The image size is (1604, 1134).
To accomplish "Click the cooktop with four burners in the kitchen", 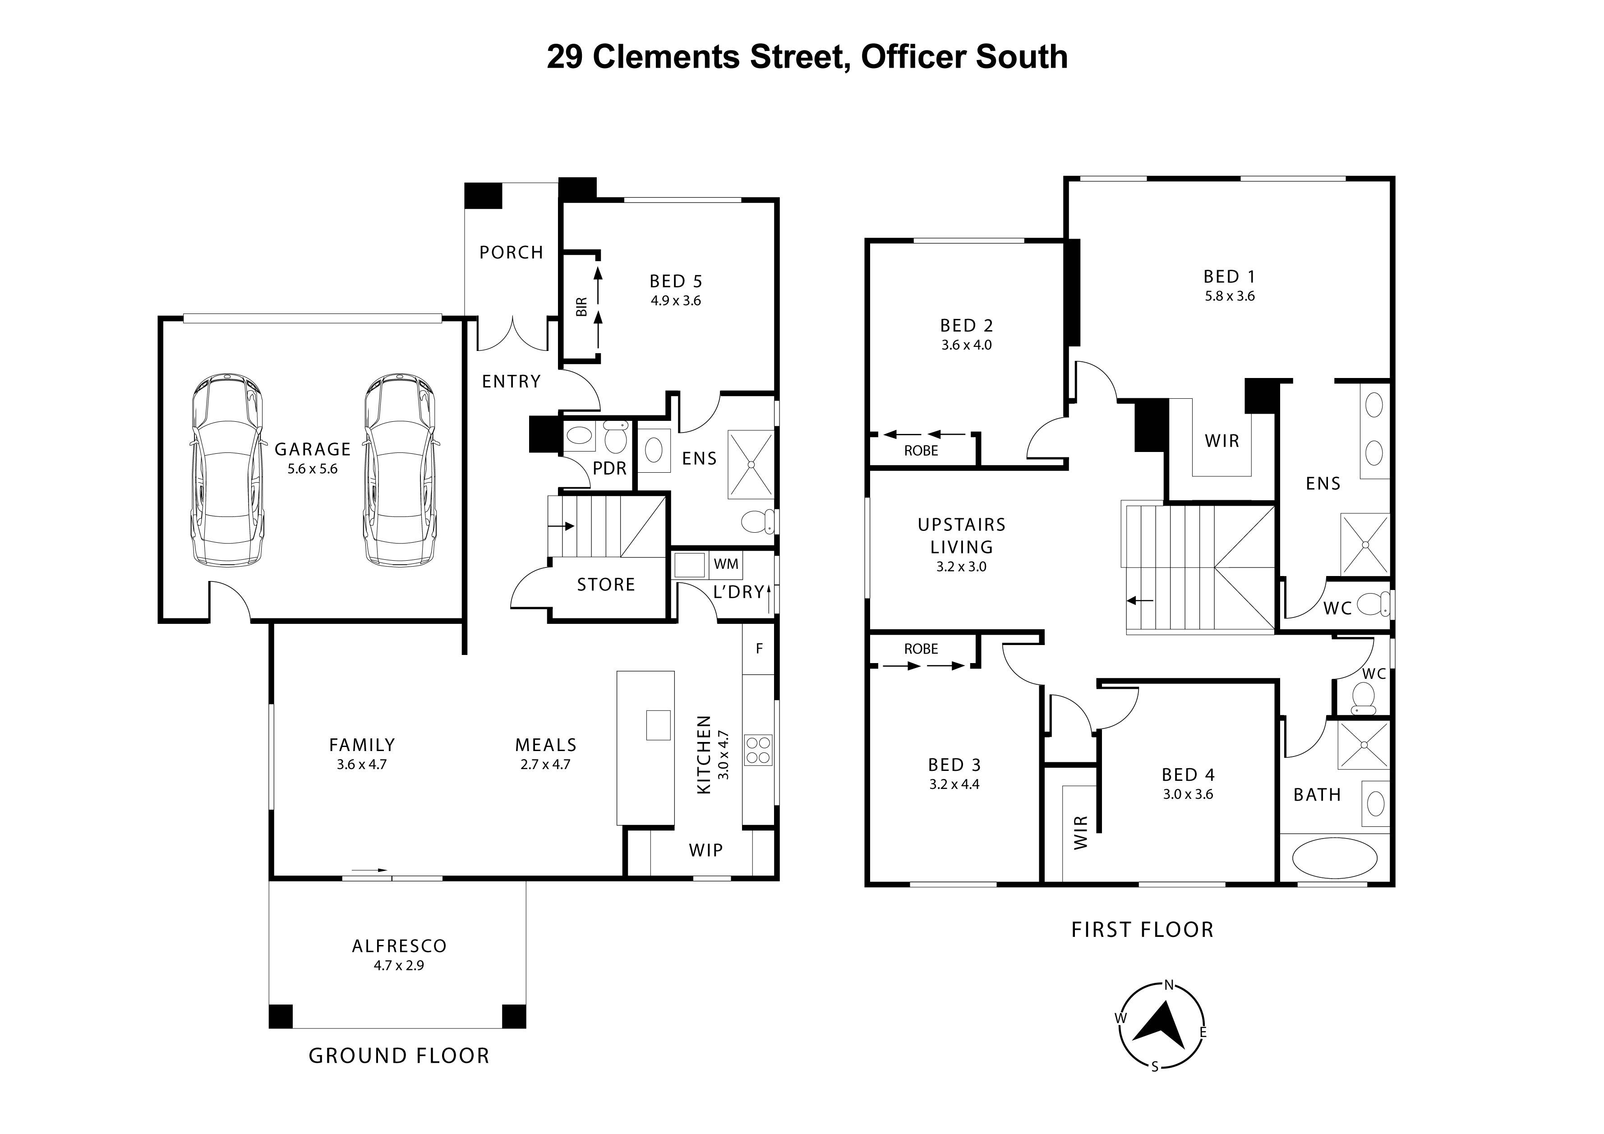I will [758, 750].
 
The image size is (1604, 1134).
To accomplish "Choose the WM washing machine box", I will [726, 564].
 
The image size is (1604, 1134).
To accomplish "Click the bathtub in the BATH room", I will [1334, 857].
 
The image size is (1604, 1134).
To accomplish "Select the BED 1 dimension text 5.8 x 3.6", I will [1230, 296].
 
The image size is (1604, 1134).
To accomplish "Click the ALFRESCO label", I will [399, 946].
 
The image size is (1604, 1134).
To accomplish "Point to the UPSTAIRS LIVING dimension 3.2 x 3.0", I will [961, 567].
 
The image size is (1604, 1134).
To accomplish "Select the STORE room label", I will [606, 584].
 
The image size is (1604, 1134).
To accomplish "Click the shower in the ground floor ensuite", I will [751, 464].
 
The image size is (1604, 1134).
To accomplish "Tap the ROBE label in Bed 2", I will [921, 451].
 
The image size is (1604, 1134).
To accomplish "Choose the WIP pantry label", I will [705, 850].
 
